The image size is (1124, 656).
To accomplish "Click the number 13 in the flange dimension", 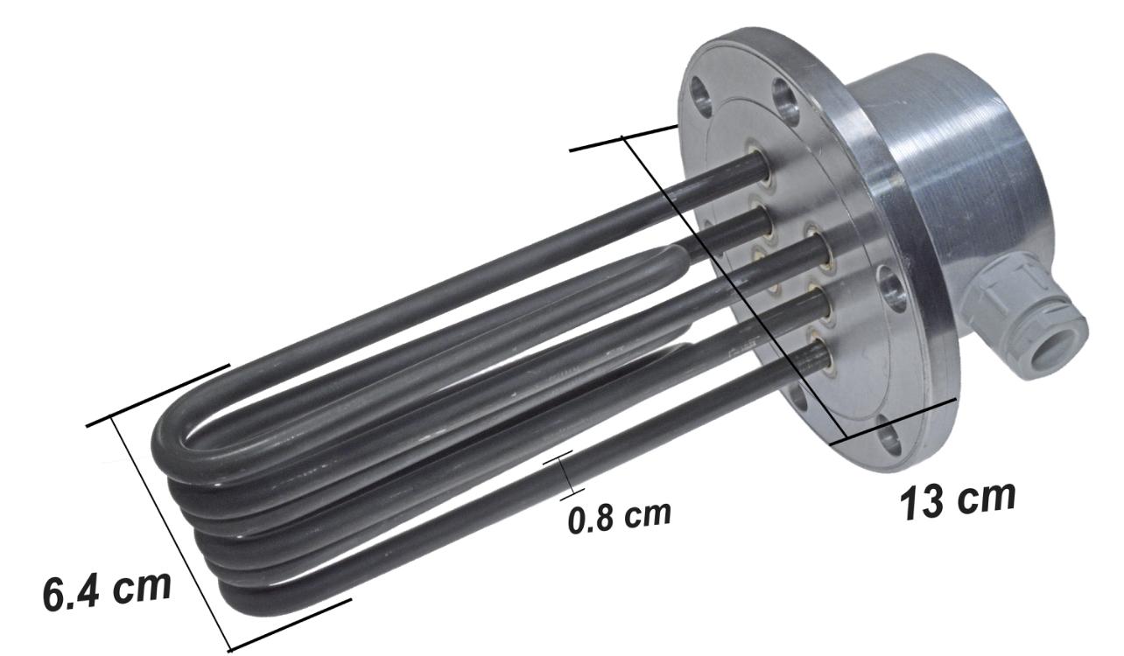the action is click(x=923, y=503).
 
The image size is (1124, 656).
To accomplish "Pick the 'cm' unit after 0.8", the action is click(x=647, y=514).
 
